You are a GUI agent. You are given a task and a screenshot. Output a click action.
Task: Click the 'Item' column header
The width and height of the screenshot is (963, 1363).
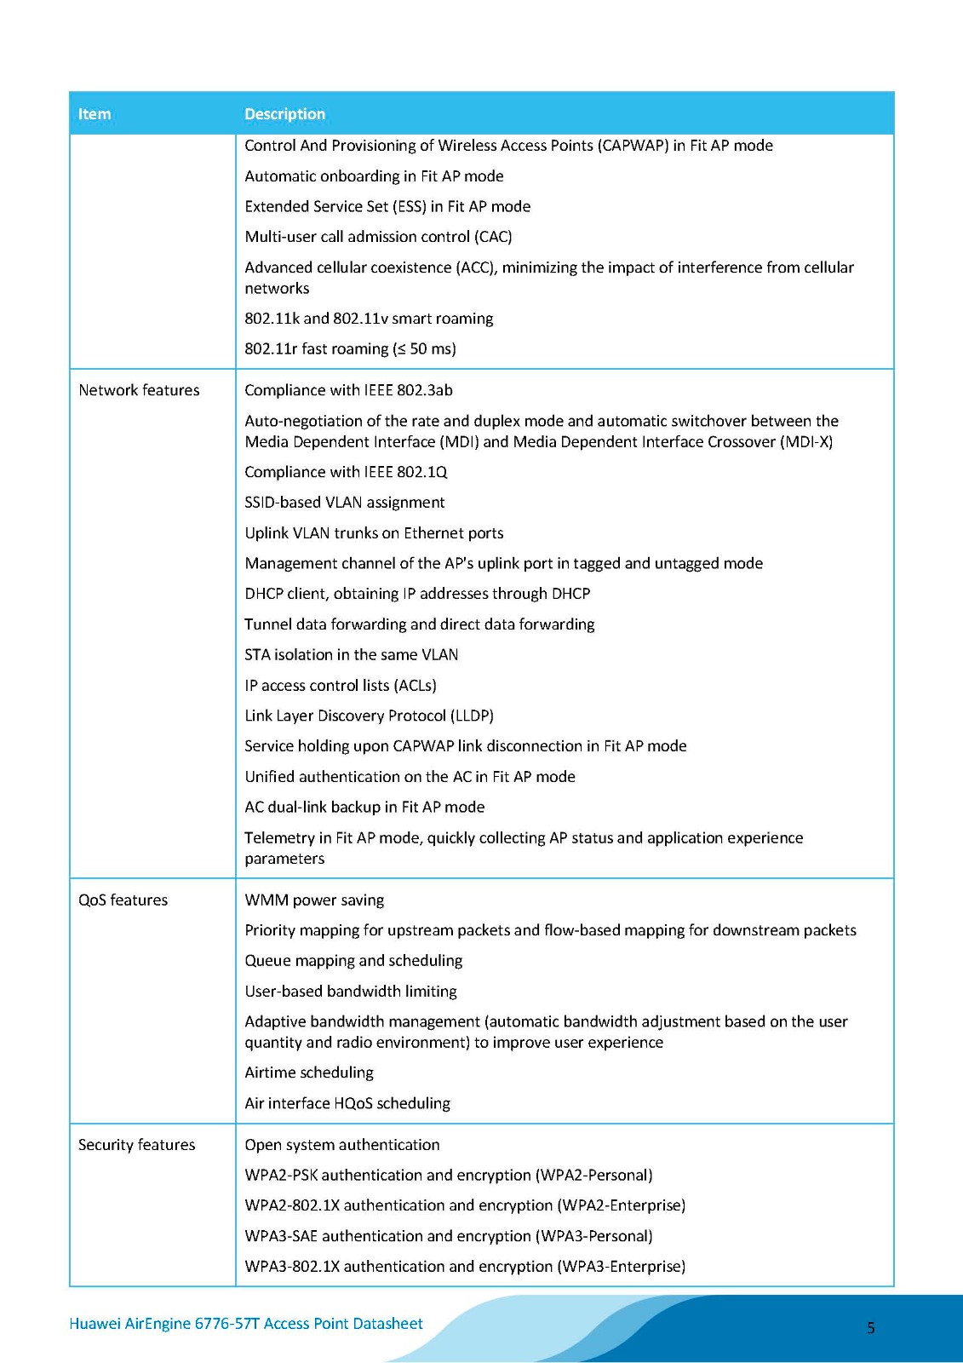(95, 114)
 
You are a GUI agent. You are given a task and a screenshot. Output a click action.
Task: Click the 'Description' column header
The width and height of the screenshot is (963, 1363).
(284, 114)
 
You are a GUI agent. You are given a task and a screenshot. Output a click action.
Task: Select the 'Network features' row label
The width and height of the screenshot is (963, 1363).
(139, 390)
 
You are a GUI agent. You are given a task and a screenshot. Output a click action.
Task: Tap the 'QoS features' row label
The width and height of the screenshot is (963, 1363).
(123, 900)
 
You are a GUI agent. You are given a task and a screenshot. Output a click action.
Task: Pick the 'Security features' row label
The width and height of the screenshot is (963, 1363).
(136, 1145)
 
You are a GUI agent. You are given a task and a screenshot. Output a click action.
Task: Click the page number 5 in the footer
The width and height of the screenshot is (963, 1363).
(870, 1327)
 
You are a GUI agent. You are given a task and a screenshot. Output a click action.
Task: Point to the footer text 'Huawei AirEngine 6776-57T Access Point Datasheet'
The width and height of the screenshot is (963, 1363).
(246, 1323)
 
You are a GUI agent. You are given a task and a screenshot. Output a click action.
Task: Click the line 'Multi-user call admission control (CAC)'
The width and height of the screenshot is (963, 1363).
(378, 237)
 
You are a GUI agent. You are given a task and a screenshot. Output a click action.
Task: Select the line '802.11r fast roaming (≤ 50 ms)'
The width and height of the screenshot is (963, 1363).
(350, 348)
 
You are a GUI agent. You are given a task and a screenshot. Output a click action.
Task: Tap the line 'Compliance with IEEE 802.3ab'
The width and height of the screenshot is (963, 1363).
(348, 390)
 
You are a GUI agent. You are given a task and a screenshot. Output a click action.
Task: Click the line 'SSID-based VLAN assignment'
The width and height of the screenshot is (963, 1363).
(345, 503)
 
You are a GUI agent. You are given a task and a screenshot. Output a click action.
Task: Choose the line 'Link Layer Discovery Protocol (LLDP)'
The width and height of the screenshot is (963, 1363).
(369, 716)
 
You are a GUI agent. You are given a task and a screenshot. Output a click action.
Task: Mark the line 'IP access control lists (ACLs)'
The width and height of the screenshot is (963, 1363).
(341, 685)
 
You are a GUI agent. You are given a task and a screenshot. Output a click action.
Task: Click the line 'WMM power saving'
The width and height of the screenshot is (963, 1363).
(314, 900)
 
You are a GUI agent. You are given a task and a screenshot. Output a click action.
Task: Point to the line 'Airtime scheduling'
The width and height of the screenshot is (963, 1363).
(309, 1073)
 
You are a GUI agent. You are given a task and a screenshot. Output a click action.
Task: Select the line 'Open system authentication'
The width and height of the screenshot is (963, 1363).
(342, 1145)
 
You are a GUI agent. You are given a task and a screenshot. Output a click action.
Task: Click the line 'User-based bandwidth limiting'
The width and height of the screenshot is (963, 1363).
(351, 992)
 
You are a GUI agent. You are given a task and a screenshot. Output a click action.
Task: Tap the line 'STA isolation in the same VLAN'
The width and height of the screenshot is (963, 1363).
(351, 654)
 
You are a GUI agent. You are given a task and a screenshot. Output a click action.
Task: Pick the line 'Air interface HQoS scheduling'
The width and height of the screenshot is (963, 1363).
(347, 1103)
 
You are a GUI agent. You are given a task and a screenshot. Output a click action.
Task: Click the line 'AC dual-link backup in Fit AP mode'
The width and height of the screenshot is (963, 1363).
(364, 807)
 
